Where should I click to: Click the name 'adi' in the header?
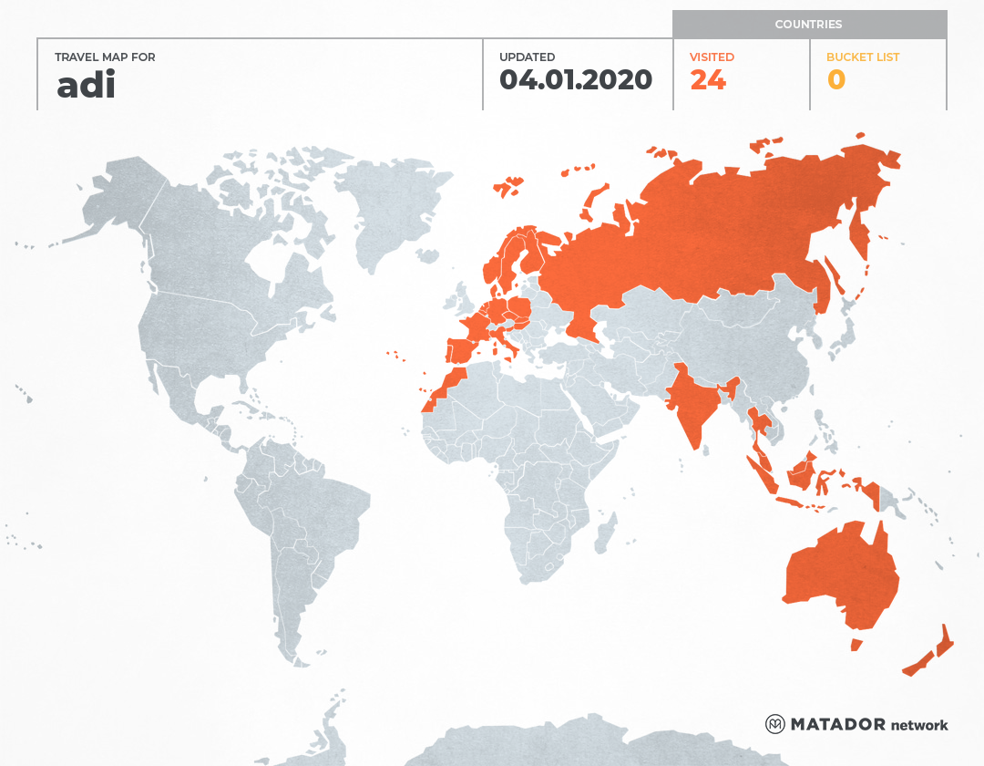[x=86, y=85]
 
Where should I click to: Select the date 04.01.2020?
[x=576, y=80]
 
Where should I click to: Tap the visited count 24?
[x=708, y=80]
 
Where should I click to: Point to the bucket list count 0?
[x=835, y=80]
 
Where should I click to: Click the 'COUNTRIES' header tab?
[x=808, y=25]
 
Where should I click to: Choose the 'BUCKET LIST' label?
[x=862, y=57]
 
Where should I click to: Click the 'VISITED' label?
[x=712, y=57]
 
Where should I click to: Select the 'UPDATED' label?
[x=527, y=57]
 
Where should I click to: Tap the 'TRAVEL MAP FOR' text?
[x=105, y=57]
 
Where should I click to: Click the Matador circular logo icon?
[x=774, y=724]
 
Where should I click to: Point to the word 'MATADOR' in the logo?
[x=837, y=724]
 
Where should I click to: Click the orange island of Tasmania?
[x=856, y=645]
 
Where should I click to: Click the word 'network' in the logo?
[x=918, y=725]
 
